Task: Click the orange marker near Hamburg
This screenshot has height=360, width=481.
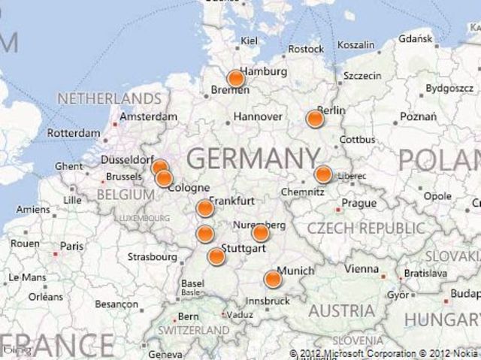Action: point(235,78)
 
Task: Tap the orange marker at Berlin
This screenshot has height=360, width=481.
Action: point(315,118)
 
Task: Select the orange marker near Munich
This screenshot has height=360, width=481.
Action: point(273,280)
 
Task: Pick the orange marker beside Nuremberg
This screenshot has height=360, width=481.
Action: point(260,233)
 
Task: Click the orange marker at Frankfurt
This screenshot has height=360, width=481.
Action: point(204,208)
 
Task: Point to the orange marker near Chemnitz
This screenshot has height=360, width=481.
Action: point(323,174)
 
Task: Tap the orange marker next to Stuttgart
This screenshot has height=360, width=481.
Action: point(216,256)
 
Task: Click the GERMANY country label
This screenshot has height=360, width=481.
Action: point(253,159)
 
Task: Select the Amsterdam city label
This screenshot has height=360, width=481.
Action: point(148,116)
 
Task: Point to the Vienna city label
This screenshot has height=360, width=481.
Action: point(362,269)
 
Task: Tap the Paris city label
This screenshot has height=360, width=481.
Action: point(72,246)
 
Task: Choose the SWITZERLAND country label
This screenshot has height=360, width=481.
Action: point(193,330)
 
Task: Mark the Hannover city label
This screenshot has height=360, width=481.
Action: point(258,116)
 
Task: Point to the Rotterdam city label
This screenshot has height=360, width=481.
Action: point(73,133)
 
